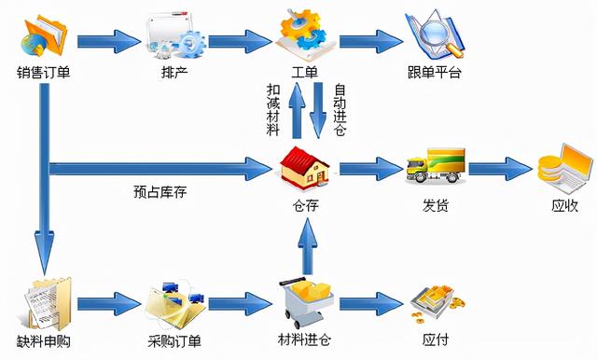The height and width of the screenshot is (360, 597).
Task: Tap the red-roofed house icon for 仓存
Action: (x=305, y=168)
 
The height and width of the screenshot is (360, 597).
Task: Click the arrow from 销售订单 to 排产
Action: (x=108, y=41)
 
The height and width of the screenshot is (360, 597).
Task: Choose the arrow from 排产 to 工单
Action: (x=238, y=41)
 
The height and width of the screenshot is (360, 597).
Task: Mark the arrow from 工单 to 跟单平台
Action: (x=369, y=41)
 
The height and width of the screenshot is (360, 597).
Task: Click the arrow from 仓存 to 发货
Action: (x=369, y=170)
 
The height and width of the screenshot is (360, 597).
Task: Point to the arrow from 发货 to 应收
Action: (x=499, y=170)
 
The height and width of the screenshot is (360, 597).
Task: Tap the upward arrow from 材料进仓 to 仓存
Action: (x=305, y=245)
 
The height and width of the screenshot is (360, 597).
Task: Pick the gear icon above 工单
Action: (x=305, y=33)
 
